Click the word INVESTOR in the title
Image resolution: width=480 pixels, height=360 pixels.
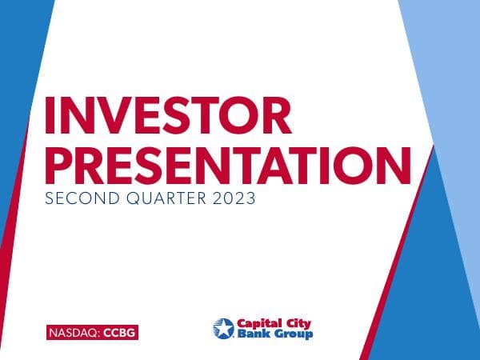tap(168, 117)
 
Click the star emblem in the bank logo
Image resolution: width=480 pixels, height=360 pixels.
tap(223, 328)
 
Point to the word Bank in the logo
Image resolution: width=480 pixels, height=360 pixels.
tap(251, 334)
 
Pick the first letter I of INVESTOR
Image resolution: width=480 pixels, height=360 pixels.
tap(50, 117)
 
